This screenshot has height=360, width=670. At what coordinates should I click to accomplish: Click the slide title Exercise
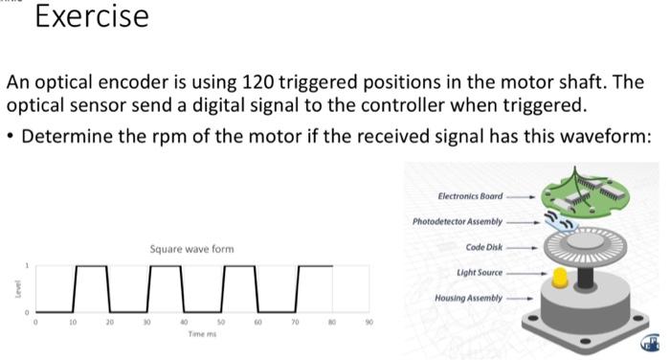(x=92, y=17)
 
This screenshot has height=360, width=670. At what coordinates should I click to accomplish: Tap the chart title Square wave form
(x=191, y=249)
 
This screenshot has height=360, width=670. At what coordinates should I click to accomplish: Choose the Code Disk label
(x=484, y=247)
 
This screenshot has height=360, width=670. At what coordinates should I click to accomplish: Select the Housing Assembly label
(x=469, y=299)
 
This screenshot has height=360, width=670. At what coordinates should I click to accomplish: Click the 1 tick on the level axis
(x=28, y=265)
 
